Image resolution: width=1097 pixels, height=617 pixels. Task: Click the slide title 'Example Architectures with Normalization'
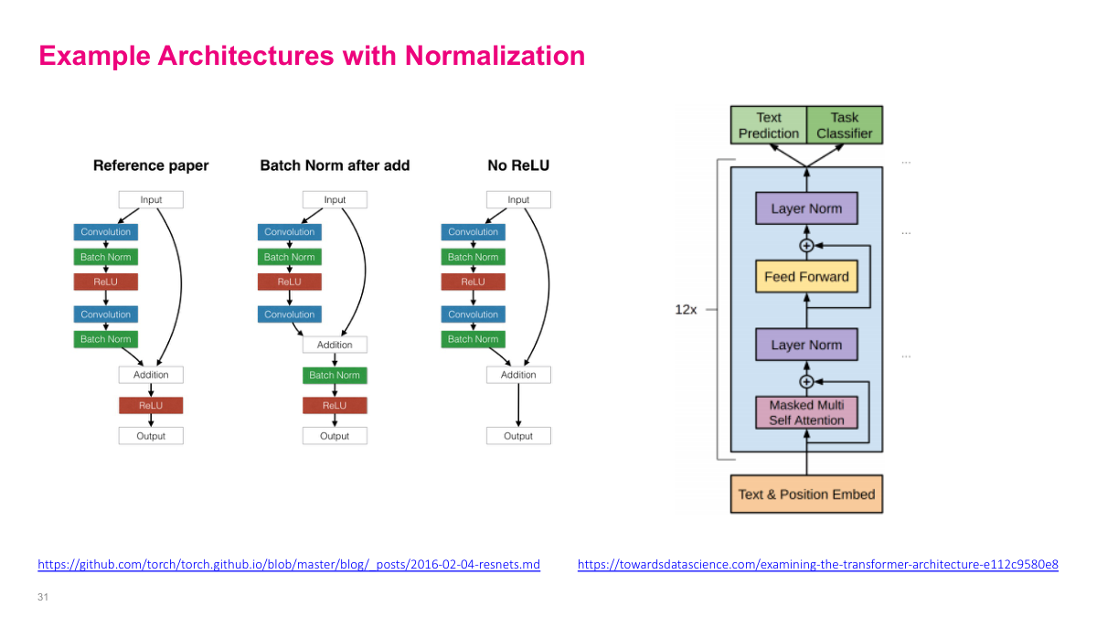tap(312, 56)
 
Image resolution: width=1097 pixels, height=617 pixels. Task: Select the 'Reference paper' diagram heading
tap(151, 165)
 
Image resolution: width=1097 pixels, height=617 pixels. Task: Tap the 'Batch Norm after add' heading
tap(335, 165)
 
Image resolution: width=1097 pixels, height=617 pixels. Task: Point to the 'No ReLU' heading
tap(518, 165)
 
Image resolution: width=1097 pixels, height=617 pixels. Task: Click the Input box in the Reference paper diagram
tap(151, 199)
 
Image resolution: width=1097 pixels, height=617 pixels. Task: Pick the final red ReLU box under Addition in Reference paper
tap(151, 405)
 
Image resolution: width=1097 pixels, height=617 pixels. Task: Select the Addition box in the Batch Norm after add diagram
tap(335, 345)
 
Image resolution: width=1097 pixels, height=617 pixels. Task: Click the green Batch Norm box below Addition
tap(335, 375)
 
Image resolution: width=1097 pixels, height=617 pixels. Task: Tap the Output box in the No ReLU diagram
tap(518, 436)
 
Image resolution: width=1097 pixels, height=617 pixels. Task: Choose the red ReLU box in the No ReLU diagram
tap(473, 282)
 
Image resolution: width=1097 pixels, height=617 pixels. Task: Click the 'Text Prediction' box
tap(769, 125)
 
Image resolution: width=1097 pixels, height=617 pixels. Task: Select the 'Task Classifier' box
tap(845, 125)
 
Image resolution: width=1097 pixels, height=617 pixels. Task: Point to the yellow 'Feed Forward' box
tap(806, 276)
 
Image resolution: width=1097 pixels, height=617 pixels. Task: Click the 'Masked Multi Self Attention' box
tap(806, 412)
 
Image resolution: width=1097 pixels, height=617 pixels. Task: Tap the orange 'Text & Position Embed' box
tap(806, 495)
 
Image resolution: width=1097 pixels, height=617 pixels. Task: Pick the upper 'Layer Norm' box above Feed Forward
tap(806, 208)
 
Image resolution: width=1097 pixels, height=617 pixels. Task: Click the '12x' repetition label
tap(686, 310)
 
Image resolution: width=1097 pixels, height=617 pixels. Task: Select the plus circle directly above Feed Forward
tap(806, 246)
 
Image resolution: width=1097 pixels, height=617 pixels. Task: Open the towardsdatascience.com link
tap(817, 565)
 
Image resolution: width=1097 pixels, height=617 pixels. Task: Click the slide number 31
tap(42, 597)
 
